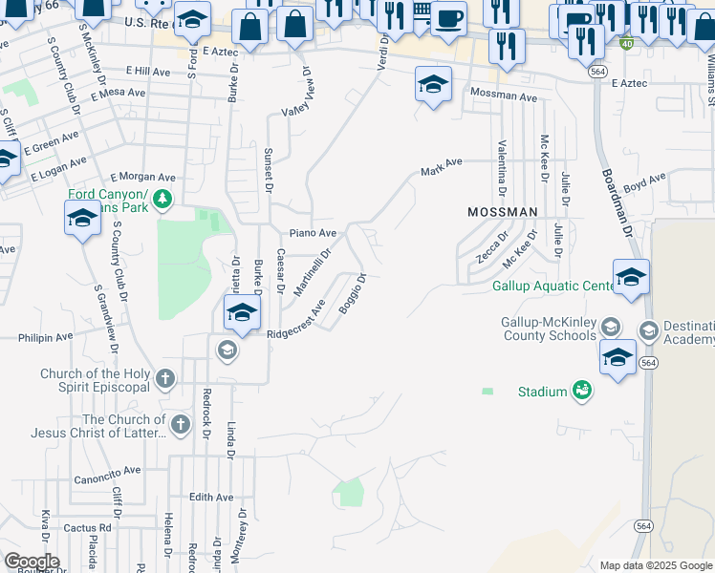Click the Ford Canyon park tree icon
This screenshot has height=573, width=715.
[x=163, y=199]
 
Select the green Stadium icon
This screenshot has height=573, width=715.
[x=581, y=390]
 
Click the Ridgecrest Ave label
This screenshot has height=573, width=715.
[x=296, y=321]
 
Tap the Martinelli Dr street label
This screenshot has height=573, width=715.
[x=313, y=272]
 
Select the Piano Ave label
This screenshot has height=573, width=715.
[x=314, y=233]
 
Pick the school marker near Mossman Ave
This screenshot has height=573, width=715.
[x=433, y=84]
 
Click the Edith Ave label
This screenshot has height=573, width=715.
[x=211, y=498]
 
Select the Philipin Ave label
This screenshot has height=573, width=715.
[x=46, y=337]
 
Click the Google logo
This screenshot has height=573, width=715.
[x=31, y=562]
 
